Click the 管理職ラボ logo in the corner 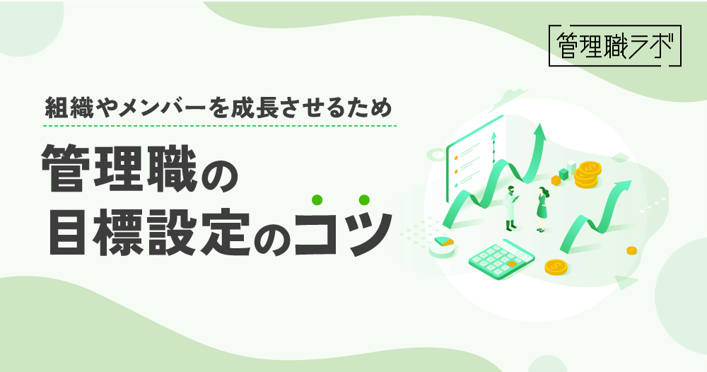click(615, 45)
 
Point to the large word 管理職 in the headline click(119, 168)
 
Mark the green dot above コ click(317, 199)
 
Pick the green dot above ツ click(364, 199)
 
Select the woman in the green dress click(543, 209)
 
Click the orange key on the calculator click(511, 263)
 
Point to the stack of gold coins click(587, 175)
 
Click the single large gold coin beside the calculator click(556, 267)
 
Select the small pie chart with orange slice click(442, 245)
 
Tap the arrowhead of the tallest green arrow click(539, 132)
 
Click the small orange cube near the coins click(556, 181)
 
